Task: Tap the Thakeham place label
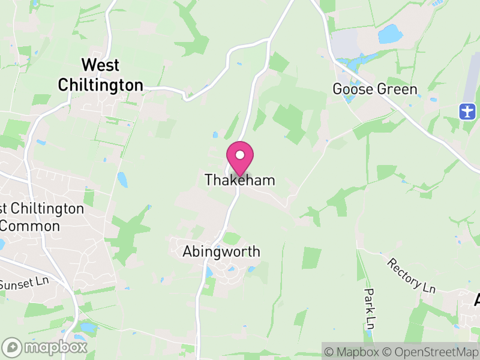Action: click(240, 179)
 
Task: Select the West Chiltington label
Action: click(100, 75)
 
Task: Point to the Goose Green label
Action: click(375, 89)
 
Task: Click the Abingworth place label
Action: click(221, 251)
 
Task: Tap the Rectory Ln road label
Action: click(411, 276)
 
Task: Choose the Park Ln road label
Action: click(370, 308)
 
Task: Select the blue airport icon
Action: click(467, 111)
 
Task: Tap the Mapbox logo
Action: click(45, 347)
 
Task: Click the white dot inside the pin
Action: click(240, 155)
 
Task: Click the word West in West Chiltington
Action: click(100, 65)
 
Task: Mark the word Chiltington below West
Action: click(100, 85)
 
